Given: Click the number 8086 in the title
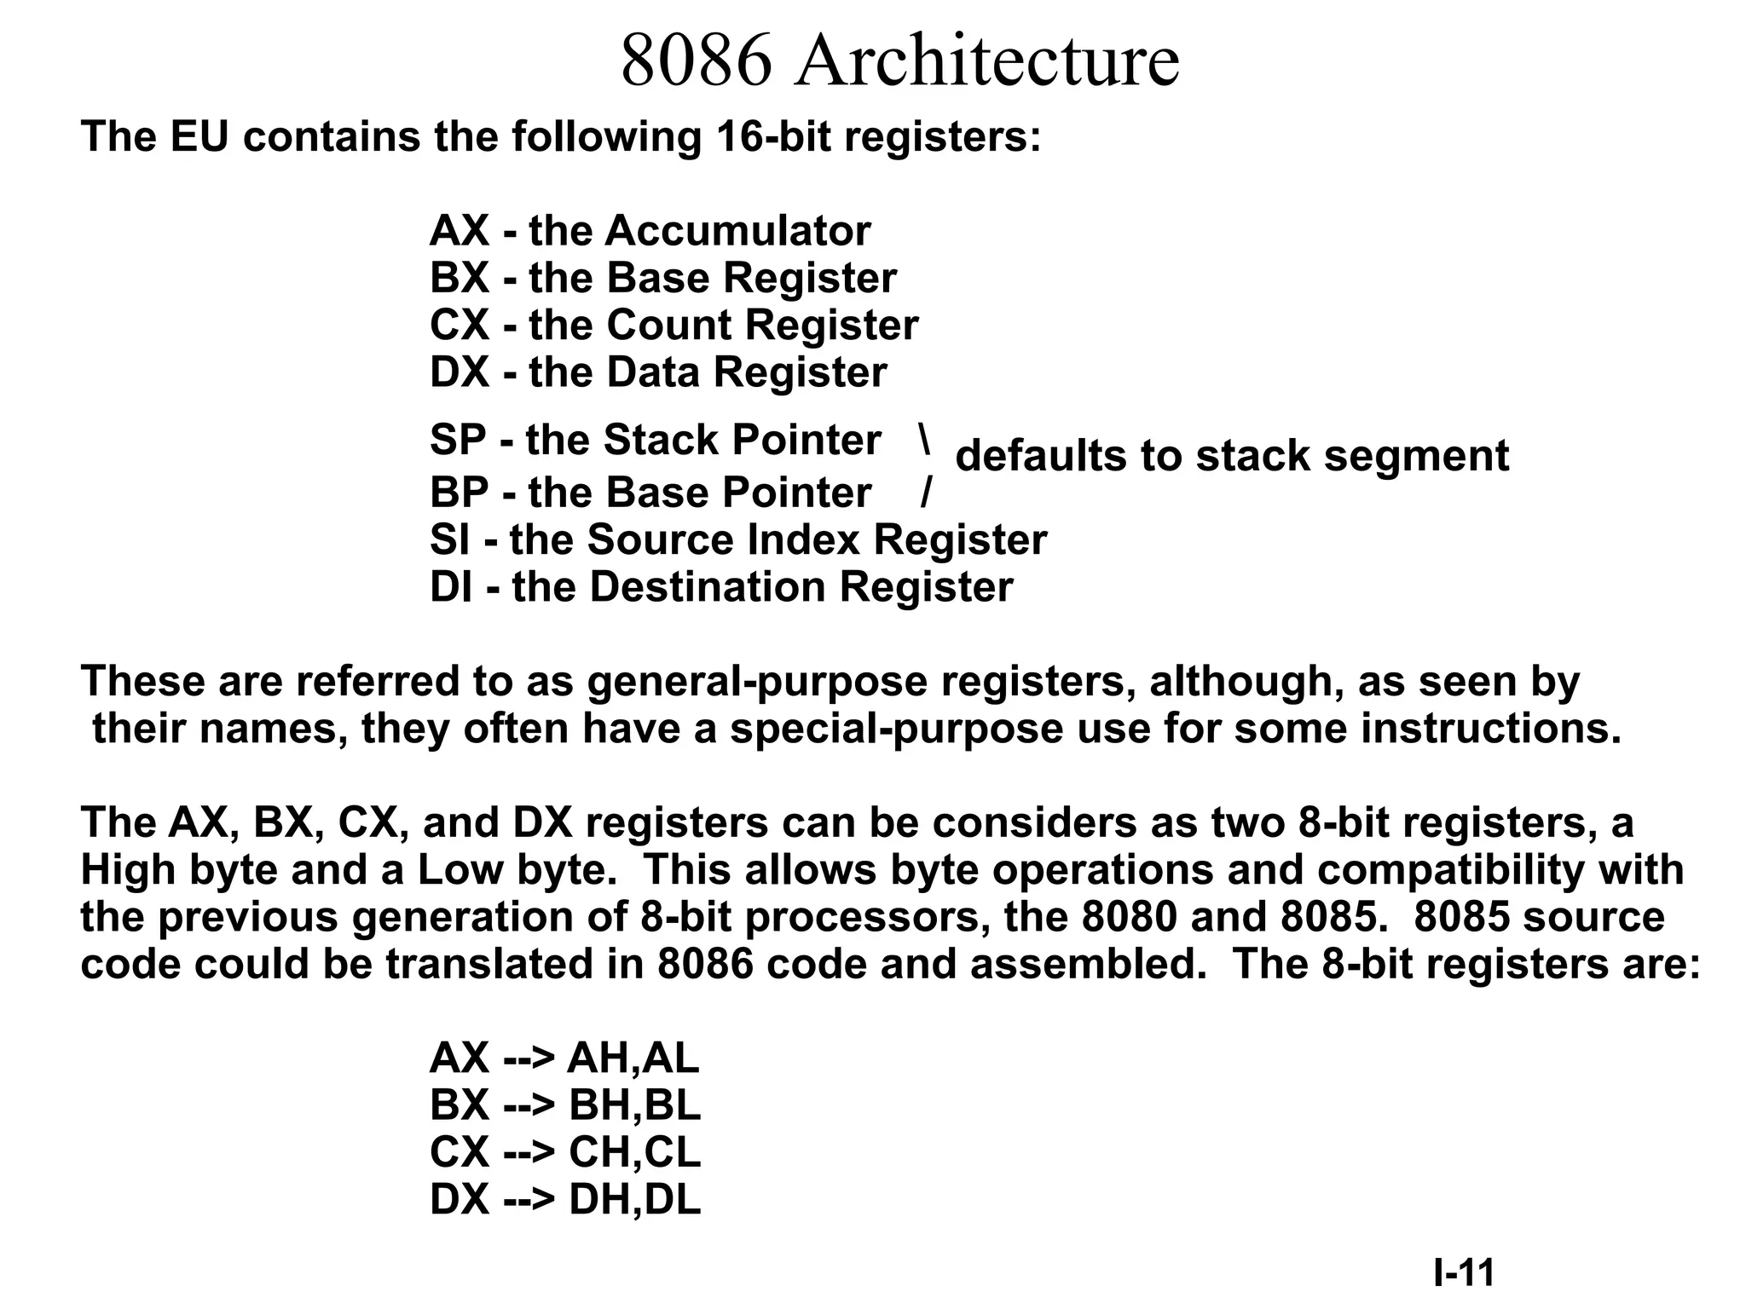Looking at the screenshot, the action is click(x=696, y=61).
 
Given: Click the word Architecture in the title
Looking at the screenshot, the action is click(x=986, y=61).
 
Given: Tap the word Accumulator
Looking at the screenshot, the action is click(x=737, y=231).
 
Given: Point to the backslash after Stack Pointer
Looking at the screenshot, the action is click(x=924, y=438).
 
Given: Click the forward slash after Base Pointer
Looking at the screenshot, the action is click(x=926, y=493).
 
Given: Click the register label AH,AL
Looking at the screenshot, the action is click(x=633, y=1058).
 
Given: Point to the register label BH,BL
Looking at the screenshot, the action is click(x=634, y=1105).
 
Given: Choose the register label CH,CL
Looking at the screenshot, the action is click(x=634, y=1152).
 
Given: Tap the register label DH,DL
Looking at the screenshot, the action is click(x=634, y=1199).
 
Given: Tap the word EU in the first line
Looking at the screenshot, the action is click(x=199, y=137).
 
